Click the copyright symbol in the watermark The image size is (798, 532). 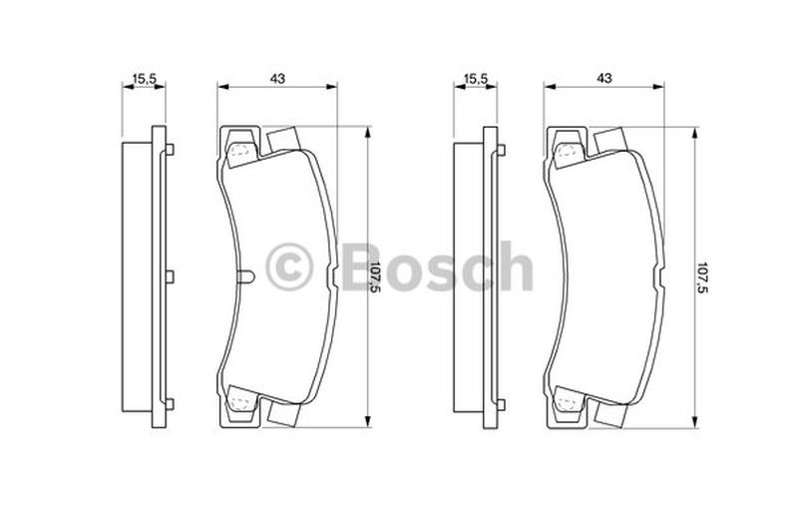pyautogui.click(x=289, y=266)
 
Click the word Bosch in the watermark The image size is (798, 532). pyautogui.click(x=437, y=266)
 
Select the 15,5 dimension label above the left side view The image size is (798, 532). pyautogui.click(x=145, y=79)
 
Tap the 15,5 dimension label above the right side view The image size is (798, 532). pyautogui.click(x=477, y=79)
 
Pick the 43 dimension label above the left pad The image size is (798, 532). pyautogui.click(x=277, y=79)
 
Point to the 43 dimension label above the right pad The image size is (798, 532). pyautogui.click(x=604, y=79)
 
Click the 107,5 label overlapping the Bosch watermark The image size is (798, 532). pyautogui.click(x=375, y=276)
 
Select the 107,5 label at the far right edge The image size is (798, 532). pyautogui.click(x=702, y=276)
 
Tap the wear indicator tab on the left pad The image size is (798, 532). pyautogui.click(x=245, y=276)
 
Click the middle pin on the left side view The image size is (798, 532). pyautogui.click(x=171, y=276)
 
